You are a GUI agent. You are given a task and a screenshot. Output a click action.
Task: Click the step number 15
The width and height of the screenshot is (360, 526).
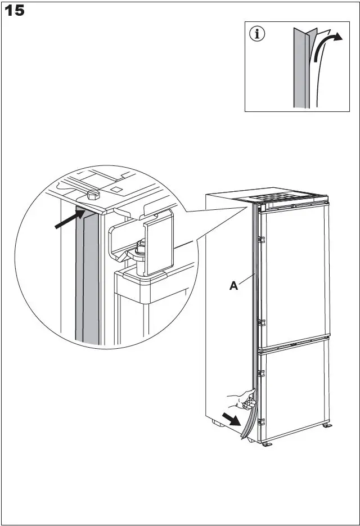point(15,11)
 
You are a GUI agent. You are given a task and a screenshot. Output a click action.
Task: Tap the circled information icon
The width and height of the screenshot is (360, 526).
point(258,34)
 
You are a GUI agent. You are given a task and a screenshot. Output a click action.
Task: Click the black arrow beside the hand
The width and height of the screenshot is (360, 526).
point(231,418)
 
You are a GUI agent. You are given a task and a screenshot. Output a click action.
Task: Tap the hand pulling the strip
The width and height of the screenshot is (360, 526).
point(243,400)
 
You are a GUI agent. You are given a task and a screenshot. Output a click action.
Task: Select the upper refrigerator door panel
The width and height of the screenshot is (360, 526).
point(295,276)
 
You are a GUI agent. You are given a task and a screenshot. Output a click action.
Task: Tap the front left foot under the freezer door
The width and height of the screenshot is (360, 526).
point(266,444)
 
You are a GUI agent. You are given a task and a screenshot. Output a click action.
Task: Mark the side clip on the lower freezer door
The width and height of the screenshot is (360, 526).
point(260,372)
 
